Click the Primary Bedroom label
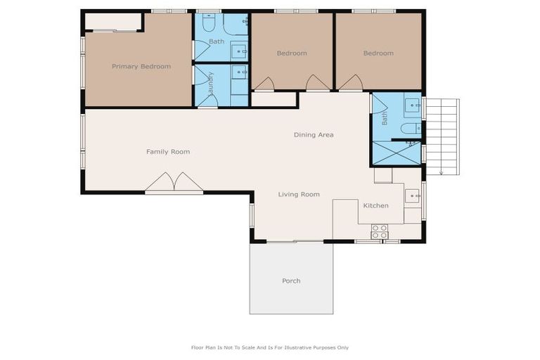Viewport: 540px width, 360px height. (141, 67)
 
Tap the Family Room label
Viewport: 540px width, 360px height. (168, 152)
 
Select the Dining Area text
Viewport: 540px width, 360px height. (314, 135)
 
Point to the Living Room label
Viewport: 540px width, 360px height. (299, 195)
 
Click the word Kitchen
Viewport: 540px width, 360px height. (375, 206)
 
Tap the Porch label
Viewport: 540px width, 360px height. (291, 281)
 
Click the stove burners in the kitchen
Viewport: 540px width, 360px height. (379, 231)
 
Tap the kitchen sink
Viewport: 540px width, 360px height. (412, 195)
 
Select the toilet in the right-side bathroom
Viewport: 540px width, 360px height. (410, 128)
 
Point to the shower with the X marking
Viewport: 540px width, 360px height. (396, 153)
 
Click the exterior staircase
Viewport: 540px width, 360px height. (442, 135)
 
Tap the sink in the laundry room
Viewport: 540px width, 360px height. (239, 72)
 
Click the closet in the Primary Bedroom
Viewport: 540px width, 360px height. (113, 22)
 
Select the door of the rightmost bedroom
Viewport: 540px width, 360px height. (351, 84)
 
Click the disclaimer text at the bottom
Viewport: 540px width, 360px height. (269, 347)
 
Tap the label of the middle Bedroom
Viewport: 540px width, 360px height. (291, 53)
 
